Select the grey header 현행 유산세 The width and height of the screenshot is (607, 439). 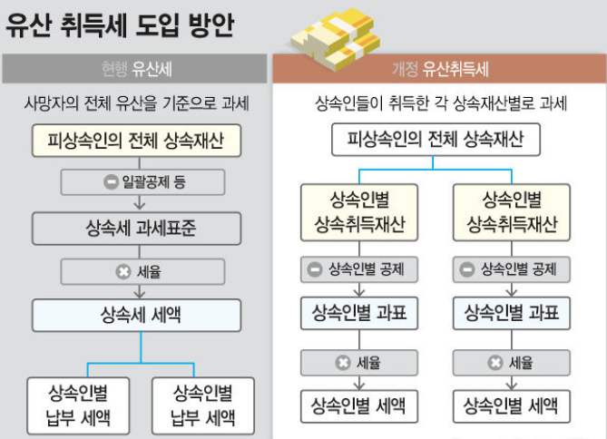point(136,69)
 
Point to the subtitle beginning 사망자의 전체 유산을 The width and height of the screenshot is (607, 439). point(136,104)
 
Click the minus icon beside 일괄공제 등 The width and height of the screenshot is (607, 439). point(111,183)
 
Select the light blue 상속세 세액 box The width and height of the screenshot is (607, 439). point(136,315)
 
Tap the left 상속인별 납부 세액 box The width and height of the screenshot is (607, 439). point(77,405)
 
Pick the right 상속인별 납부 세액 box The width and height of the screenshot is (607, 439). point(203,405)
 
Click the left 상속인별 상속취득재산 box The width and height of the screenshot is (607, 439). point(359,212)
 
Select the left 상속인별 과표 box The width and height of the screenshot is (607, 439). point(359,315)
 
